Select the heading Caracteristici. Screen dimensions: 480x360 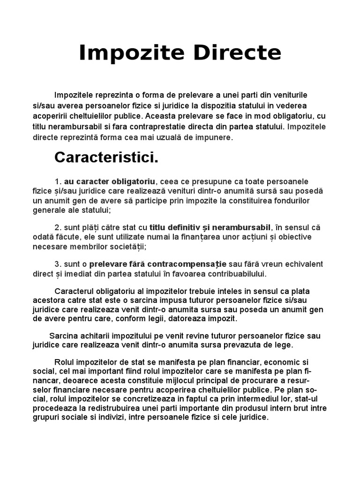(x=106, y=157)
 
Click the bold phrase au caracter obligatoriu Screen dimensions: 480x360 (x=110, y=181)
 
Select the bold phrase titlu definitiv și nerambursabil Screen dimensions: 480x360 (x=210, y=227)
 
